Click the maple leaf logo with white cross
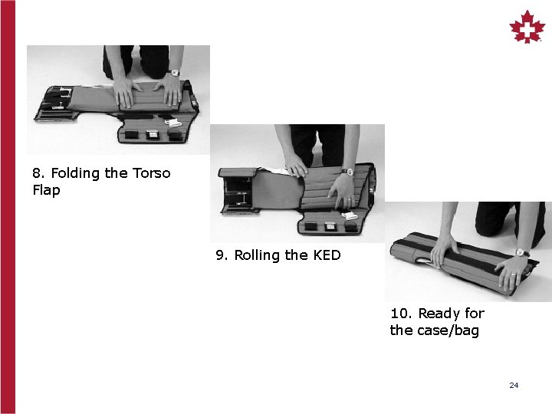pos(527,27)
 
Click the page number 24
pos(514,385)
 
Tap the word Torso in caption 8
pos(151,173)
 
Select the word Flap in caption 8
pos(46,190)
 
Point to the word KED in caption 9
pos(327,255)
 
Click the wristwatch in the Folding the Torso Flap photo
pos(175,73)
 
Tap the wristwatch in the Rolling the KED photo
pos(347,172)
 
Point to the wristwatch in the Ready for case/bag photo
pos(522,252)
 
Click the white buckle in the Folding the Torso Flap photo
pos(172,123)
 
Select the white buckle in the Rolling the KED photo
pos(350,215)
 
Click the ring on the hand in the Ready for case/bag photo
pos(513,274)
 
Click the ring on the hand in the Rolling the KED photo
pos(349,199)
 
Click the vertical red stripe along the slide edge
pos(8,207)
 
